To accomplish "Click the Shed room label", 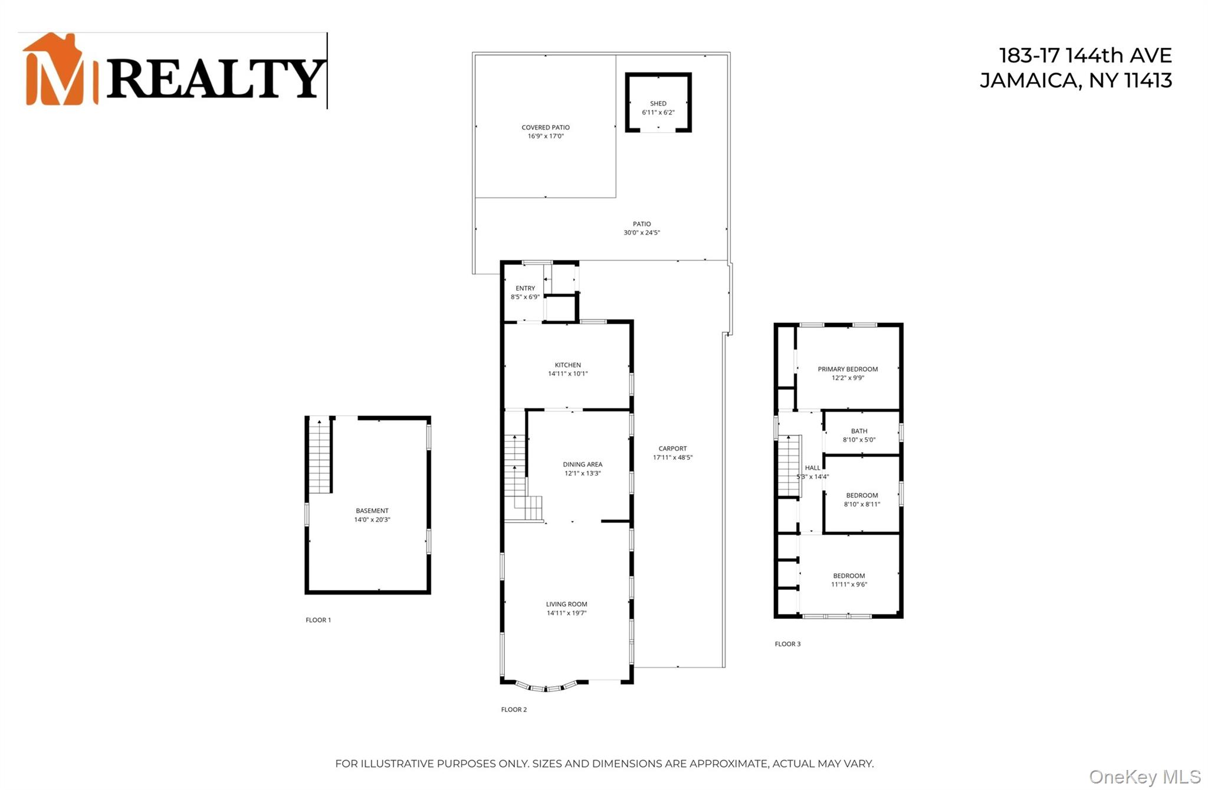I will tap(658, 104).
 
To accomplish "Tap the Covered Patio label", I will tap(545, 127).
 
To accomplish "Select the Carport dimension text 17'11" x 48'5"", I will tap(672, 457).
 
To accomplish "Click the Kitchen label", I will tap(567, 365).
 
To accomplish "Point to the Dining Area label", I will tap(582, 465).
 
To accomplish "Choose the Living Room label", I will tap(566, 604).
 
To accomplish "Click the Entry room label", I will tap(525, 289).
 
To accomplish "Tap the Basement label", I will tap(372, 511).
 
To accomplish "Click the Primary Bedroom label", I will tap(847, 369).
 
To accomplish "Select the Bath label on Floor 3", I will tap(859, 431).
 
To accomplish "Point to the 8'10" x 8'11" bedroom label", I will tap(862, 500).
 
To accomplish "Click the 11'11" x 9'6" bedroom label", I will tap(849, 580).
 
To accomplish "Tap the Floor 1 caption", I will tap(318, 620).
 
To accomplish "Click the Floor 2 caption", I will tap(514, 710).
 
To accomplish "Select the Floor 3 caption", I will tap(787, 644).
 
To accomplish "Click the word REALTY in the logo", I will tap(215, 78).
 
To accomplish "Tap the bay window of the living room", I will tap(546, 687).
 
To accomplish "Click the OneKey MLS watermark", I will tap(1144, 776).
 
